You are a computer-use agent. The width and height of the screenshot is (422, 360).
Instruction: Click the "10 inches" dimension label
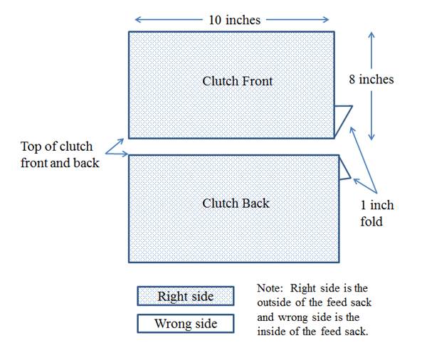click(x=235, y=20)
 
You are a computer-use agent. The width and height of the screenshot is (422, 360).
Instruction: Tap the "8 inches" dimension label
click(x=371, y=80)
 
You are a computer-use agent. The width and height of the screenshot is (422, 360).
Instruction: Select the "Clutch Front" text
click(x=238, y=81)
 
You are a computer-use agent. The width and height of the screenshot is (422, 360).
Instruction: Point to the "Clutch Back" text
click(x=236, y=203)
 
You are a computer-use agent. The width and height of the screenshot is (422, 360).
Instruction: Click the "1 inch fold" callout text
click(x=377, y=213)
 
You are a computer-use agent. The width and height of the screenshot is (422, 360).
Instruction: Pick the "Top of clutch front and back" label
click(x=60, y=154)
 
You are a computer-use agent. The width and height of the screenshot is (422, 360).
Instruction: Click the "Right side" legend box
click(x=186, y=296)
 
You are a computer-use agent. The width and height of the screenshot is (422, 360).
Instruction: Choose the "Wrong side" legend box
click(x=186, y=324)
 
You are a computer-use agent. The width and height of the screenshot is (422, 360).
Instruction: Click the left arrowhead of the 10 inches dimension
click(x=138, y=19)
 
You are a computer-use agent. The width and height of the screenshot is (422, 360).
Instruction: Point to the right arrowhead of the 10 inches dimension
click(x=326, y=19)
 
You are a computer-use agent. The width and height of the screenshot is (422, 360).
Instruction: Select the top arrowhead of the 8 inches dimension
click(x=371, y=35)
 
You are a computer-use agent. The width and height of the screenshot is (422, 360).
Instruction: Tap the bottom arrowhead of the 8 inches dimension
click(x=371, y=137)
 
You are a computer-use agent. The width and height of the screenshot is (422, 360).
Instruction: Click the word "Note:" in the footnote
click(x=270, y=288)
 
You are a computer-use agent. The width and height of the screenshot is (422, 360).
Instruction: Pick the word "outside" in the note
click(x=274, y=302)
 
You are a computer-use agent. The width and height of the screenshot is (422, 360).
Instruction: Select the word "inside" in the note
click(x=272, y=332)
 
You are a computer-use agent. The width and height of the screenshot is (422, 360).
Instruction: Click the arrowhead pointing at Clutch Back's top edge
click(x=125, y=154)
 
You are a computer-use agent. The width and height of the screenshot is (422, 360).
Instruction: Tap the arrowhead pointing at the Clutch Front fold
click(x=352, y=130)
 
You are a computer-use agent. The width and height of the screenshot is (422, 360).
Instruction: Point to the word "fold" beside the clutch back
click(x=371, y=222)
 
